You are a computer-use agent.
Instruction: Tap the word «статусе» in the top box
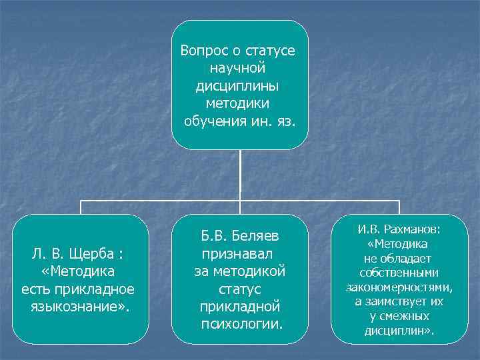coord(271,51)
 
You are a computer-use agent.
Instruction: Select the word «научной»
coord(238,68)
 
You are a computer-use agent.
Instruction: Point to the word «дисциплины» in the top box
coord(238,86)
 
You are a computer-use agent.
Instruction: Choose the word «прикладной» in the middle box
coord(240,307)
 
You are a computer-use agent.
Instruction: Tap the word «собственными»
coord(399,273)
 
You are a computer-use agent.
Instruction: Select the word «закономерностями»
coord(399,287)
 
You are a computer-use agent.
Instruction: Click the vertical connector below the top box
coord(240,175)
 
